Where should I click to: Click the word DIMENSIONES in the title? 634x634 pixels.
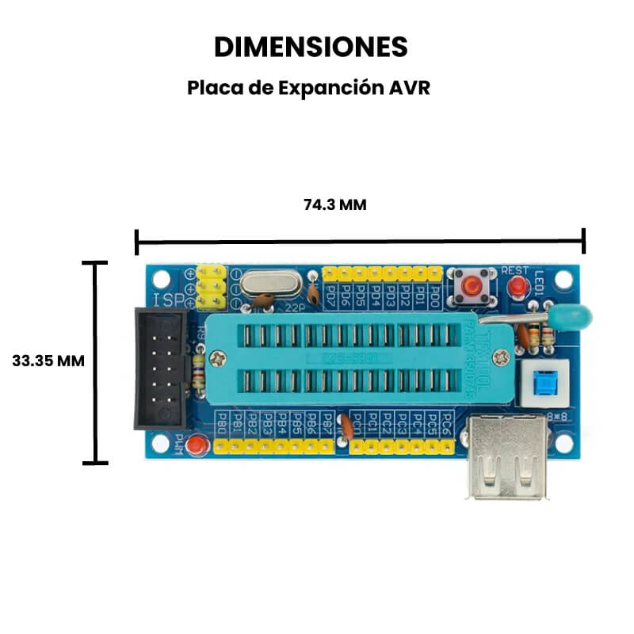311,47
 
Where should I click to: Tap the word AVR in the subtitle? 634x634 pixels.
410,88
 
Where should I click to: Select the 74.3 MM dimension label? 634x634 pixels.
334,204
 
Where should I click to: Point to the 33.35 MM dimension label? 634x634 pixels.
48,360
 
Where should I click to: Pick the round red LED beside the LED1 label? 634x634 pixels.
518,286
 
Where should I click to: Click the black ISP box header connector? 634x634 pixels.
160,369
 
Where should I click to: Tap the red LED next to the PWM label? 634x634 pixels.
198,445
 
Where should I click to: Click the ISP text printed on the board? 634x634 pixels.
168,300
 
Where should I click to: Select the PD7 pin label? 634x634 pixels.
330,296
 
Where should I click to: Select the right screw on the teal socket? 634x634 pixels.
502,357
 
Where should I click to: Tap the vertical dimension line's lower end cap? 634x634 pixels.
95,463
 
